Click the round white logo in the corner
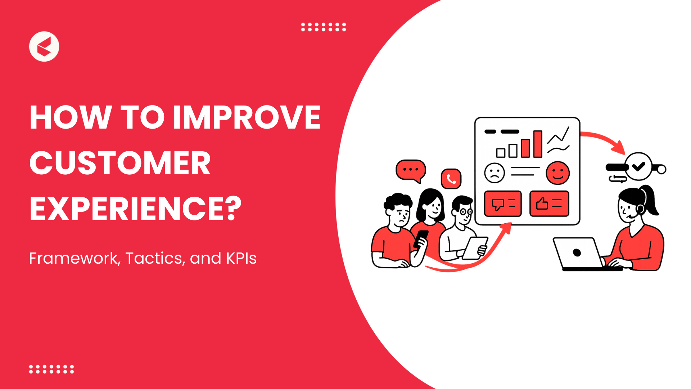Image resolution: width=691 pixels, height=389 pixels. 44,46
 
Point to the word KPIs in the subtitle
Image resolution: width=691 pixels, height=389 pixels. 241,258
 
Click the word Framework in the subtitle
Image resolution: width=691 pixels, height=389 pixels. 74,258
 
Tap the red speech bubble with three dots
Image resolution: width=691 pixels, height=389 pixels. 411,170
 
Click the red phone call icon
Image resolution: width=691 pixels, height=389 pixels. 451,179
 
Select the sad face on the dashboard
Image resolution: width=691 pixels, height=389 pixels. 494,173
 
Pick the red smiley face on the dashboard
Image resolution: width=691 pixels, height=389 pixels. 557,173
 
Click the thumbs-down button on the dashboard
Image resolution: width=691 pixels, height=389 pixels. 503,204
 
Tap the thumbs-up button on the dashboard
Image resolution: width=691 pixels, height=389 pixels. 549,204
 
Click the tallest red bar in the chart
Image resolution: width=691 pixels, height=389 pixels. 538,144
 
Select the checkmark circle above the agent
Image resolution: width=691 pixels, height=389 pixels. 638,166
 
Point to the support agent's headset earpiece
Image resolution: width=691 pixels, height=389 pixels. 640,209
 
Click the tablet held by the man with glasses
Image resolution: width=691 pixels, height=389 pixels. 475,248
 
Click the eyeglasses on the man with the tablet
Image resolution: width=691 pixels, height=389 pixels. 466,212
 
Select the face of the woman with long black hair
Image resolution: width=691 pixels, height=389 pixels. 433,208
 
